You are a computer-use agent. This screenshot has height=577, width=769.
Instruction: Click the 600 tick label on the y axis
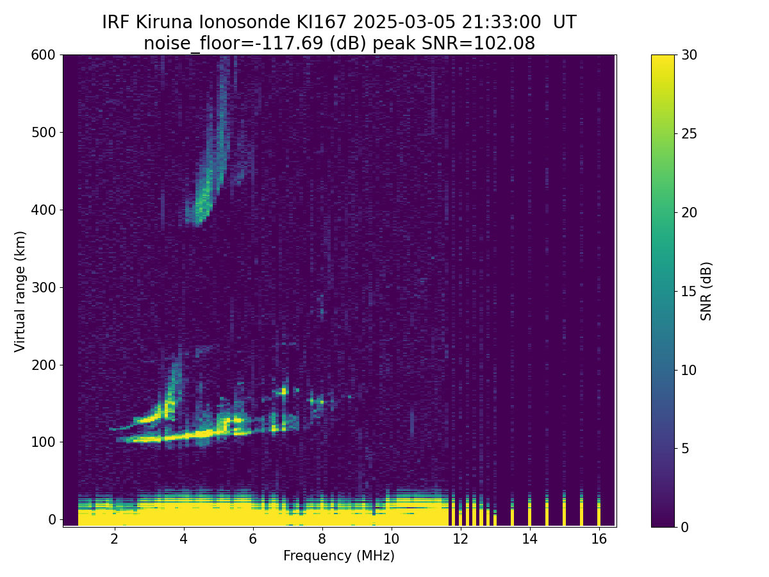pyautogui.click(x=43, y=55)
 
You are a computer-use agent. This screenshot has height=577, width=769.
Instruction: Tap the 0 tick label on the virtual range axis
pyautogui.click(x=52, y=519)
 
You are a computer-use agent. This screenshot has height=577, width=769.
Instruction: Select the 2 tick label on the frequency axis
pyautogui.click(x=115, y=539)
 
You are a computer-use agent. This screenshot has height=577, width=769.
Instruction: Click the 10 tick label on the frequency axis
pyautogui.click(x=392, y=539)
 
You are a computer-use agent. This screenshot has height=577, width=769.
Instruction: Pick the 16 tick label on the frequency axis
pyautogui.click(x=599, y=539)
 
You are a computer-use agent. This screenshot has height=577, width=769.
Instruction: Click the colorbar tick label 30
pyautogui.click(x=689, y=55)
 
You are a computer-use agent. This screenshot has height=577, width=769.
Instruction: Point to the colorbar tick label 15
pyautogui.click(x=689, y=291)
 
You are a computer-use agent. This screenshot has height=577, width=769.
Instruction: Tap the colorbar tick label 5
pyautogui.click(x=685, y=448)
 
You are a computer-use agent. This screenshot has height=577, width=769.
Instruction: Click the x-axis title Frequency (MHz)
pyautogui.click(x=339, y=556)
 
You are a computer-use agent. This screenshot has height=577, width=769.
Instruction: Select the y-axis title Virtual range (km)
pyautogui.click(x=20, y=292)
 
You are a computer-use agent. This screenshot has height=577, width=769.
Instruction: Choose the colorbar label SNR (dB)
pyautogui.click(x=706, y=292)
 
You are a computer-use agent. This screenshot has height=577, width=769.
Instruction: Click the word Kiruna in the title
pyautogui.click(x=164, y=22)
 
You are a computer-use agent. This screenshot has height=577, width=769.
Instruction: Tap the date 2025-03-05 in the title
pyautogui.click(x=404, y=22)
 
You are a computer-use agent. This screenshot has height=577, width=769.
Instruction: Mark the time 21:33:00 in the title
pyautogui.click(x=501, y=22)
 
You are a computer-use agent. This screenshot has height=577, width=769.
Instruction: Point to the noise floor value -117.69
pyautogui.click(x=292, y=44)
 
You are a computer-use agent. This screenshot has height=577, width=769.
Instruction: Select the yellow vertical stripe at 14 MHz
pyautogui.click(x=530, y=510)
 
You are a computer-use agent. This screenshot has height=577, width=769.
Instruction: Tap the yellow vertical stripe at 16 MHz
pyautogui.click(x=599, y=510)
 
